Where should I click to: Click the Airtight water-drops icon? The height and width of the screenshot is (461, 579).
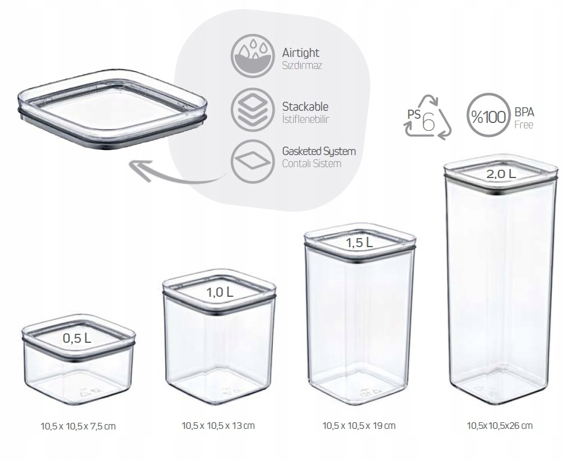[x=252, y=56]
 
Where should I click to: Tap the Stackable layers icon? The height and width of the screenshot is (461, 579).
[x=252, y=110]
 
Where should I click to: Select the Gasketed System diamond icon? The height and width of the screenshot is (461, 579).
[x=252, y=161]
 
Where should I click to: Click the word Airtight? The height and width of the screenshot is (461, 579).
[x=301, y=53]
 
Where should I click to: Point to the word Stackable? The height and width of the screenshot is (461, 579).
[x=305, y=107]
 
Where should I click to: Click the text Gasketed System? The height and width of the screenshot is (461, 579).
[x=319, y=151]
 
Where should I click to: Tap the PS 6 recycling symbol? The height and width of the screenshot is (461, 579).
[x=428, y=118]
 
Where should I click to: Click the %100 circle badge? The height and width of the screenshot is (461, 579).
[x=488, y=115]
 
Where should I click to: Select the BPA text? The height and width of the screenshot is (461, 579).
[x=525, y=112]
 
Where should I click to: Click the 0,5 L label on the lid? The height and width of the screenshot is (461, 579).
[x=77, y=338]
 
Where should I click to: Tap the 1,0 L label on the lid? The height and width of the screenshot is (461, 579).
[x=220, y=293]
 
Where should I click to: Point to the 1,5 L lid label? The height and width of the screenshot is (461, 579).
[x=359, y=242]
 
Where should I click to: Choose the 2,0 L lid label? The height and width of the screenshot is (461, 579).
[x=501, y=174]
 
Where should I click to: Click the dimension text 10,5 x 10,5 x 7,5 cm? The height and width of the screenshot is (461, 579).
[x=78, y=426]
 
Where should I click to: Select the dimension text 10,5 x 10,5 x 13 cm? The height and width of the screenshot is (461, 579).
[x=218, y=425]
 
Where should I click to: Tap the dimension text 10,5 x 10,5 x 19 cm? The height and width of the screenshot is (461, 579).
[x=359, y=425]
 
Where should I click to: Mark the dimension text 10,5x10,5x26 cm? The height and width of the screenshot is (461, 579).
[x=500, y=425]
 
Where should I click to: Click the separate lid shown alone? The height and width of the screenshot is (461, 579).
[x=113, y=109]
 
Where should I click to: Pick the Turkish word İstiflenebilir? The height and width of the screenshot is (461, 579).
[x=306, y=119]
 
